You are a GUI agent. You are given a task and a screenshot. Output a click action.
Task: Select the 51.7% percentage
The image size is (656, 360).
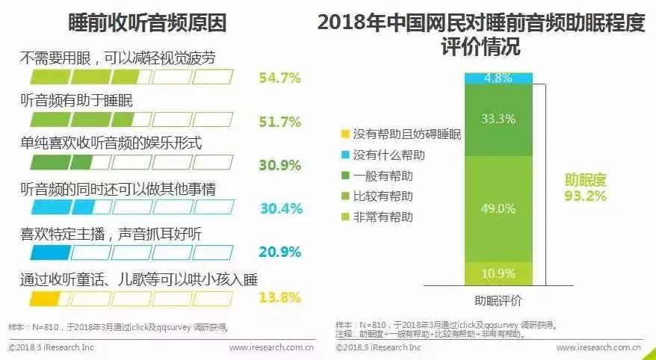pyautogui.click(x=279, y=122)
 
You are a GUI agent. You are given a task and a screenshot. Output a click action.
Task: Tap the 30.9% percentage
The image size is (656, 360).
pyautogui.click(x=279, y=164)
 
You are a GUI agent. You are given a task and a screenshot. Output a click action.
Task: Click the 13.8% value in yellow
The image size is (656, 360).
pyautogui.click(x=279, y=297)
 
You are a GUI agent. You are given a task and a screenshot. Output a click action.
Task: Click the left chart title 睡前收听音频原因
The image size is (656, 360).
pyautogui.click(x=147, y=22)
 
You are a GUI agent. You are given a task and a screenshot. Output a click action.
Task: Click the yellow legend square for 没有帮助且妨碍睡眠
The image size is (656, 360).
pyautogui.click(x=344, y=134)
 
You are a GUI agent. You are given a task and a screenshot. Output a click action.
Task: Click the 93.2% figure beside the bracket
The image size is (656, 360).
pyautogui.click(x=585, y=196)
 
